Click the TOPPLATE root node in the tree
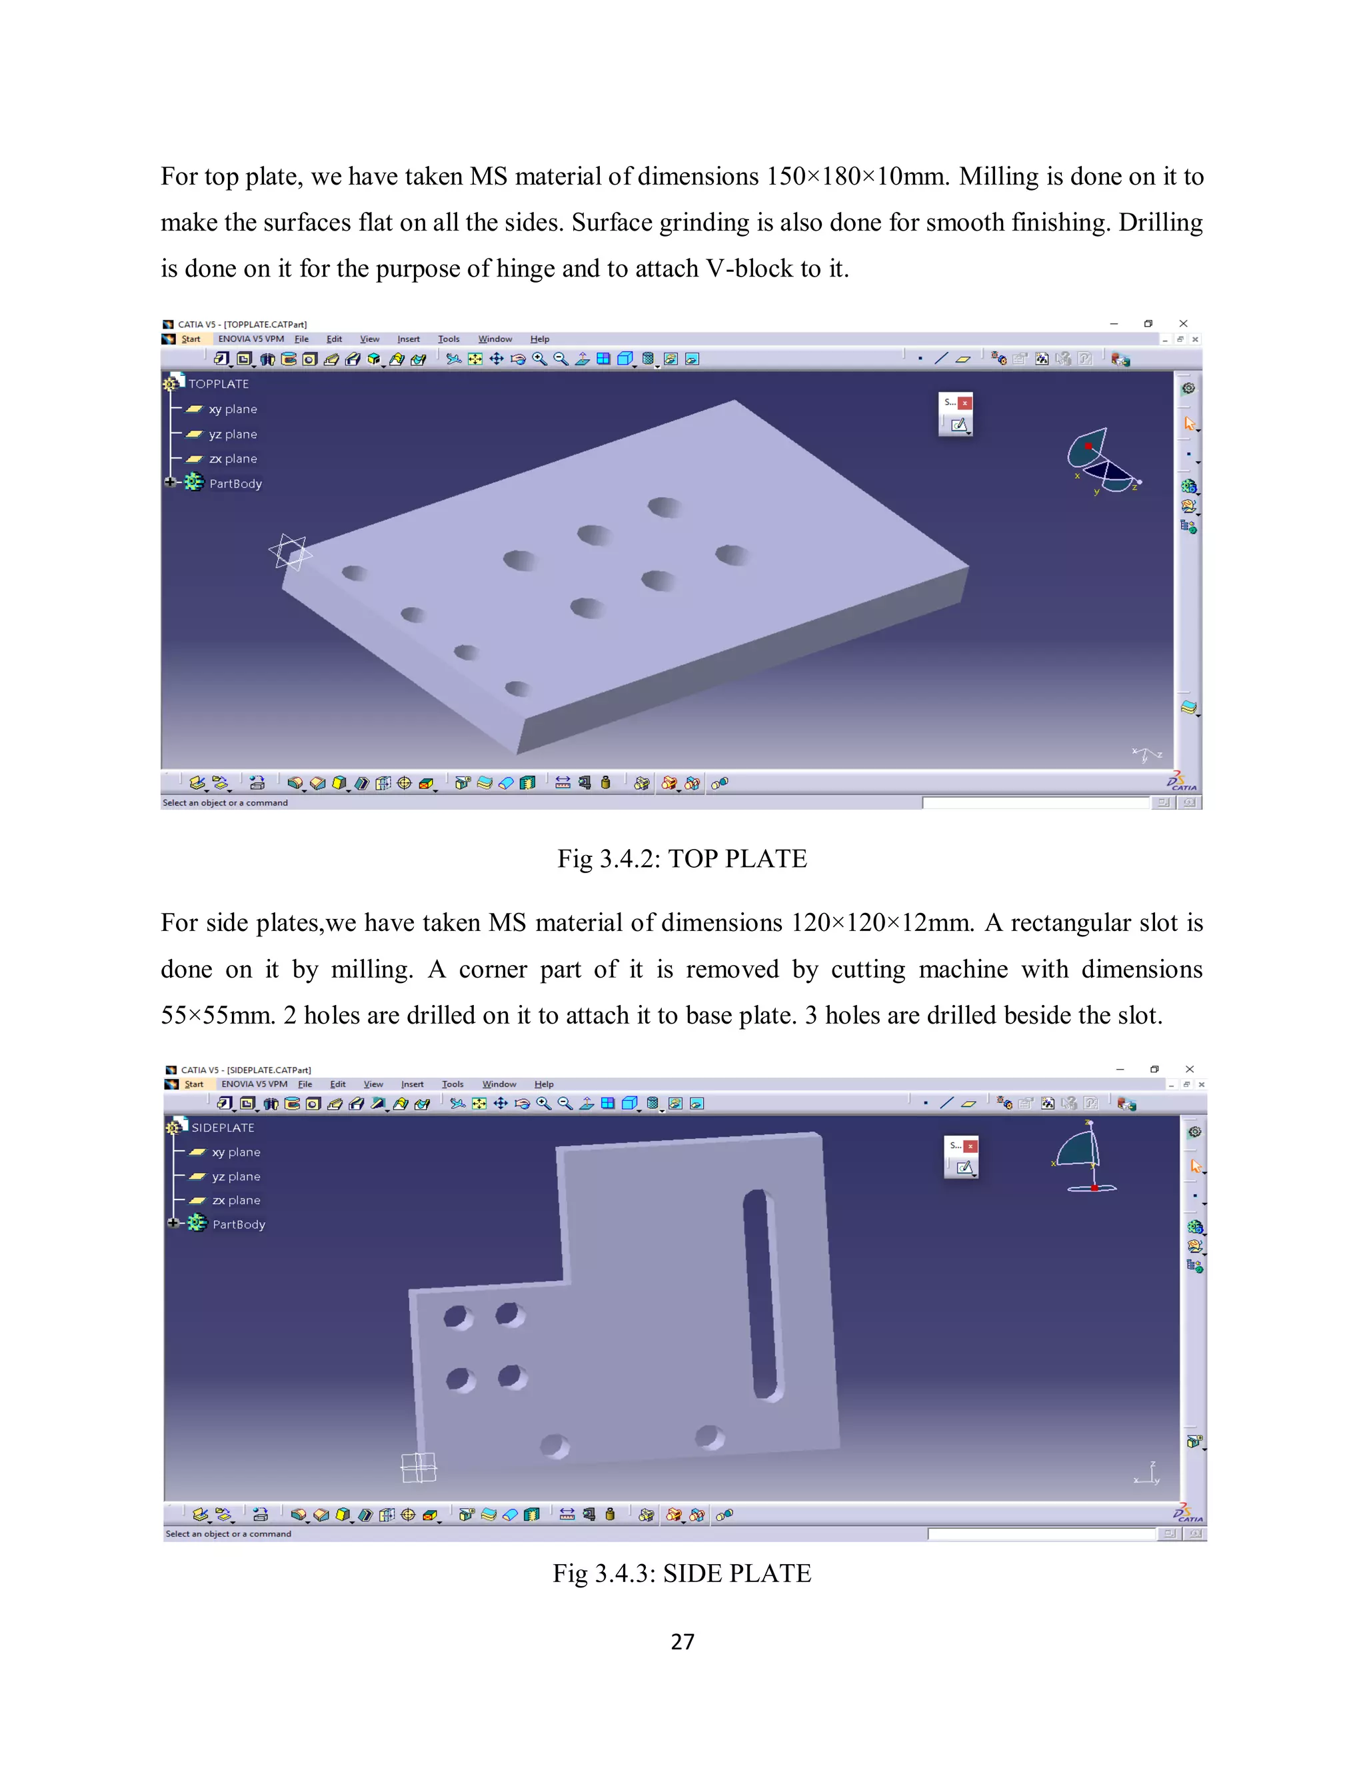tap(219, 383)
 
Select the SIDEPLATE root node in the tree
tap(223, 1127)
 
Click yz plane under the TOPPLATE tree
tap(233, 435)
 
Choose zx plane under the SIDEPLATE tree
tap(235, 1200)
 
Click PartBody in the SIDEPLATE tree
tap(239, 1224)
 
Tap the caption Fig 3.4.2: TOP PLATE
tap(682, 859)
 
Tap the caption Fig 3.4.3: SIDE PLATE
tap(682, 1573)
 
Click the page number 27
tap(682, 1641)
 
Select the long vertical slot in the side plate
tap(762, 1294)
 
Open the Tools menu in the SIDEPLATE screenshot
tap(452, 1084)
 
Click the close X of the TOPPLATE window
tap(1183, 323)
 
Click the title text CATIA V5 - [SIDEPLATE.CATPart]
tap(246, 1070)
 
